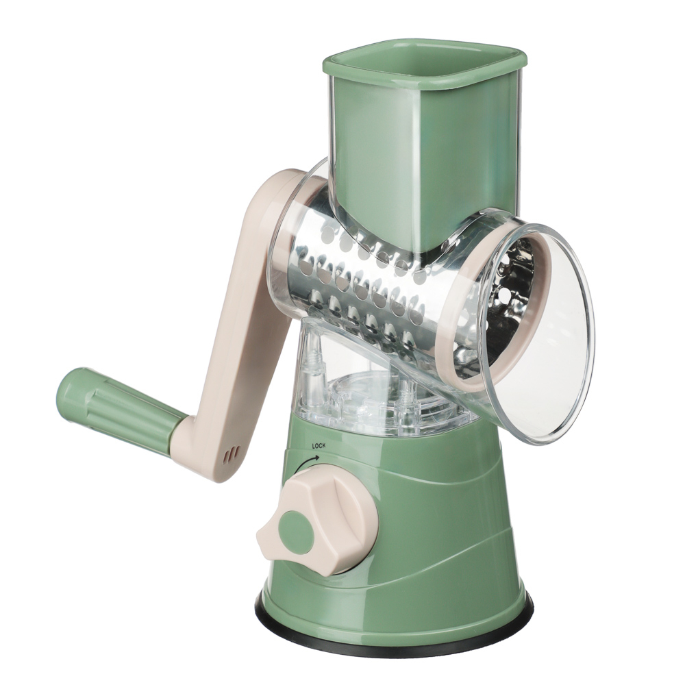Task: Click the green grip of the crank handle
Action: [116, 403]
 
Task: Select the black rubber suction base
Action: [393, 629]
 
